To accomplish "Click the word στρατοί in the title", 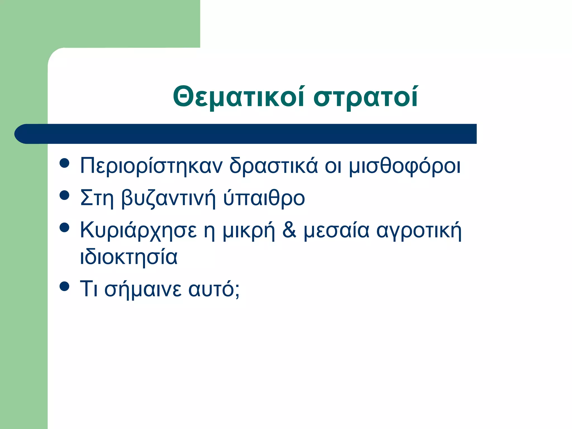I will click(366, 97).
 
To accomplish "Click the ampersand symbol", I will click(289, 230).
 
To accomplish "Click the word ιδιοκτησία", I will click(129, 257).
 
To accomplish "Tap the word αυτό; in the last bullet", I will click(214, 289).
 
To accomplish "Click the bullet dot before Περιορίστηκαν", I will click(65, 163).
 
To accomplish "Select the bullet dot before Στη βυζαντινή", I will click(65, 196).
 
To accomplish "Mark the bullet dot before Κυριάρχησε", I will click(65, 228).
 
